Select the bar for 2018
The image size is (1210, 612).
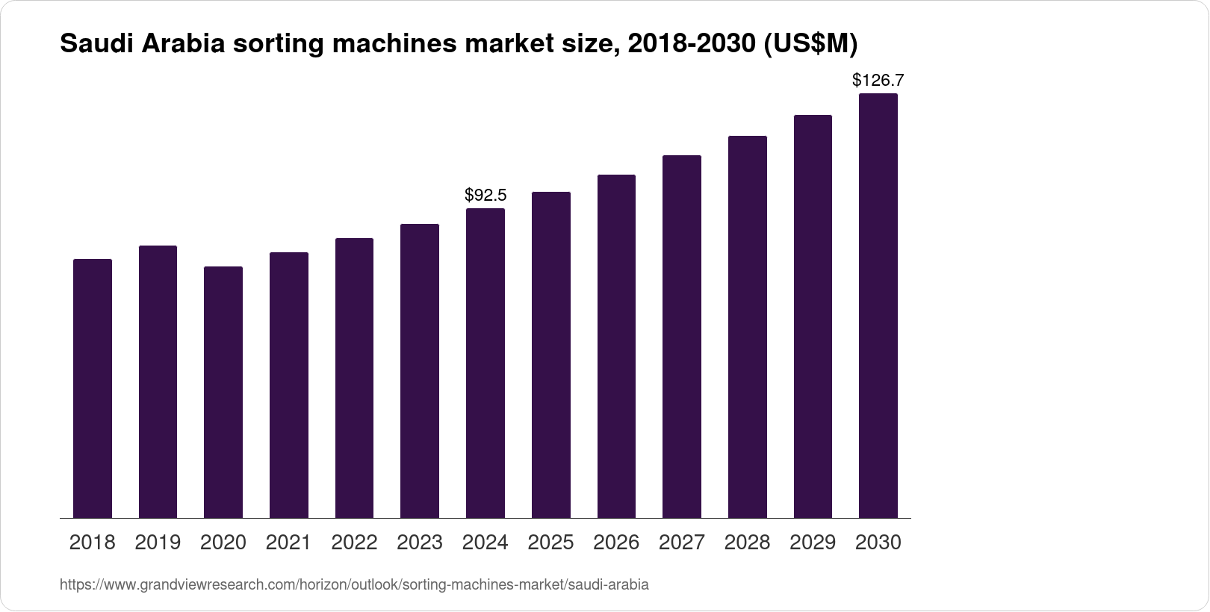(93, 388)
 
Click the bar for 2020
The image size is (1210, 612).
(223, 392)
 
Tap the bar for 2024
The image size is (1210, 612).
(485, 363)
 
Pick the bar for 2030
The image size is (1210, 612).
(878, 306)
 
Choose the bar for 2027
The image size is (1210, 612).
(682, 337)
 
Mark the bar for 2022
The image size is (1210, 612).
(354, 378)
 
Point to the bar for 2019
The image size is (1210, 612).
(158, 381)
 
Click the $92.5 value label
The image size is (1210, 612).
(485, 196)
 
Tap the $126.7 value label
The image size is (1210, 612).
(878, 81)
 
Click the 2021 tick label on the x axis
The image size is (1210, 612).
(288, 543)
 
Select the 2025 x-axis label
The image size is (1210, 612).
(550, 543)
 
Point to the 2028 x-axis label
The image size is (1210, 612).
(747, 543)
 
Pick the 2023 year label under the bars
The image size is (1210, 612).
(420, 543)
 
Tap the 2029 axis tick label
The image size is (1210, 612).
(813, 543)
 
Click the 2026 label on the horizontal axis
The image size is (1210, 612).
(616, 543)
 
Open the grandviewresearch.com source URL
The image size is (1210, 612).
(354, 585)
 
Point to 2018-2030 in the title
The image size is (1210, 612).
(691, 45)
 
